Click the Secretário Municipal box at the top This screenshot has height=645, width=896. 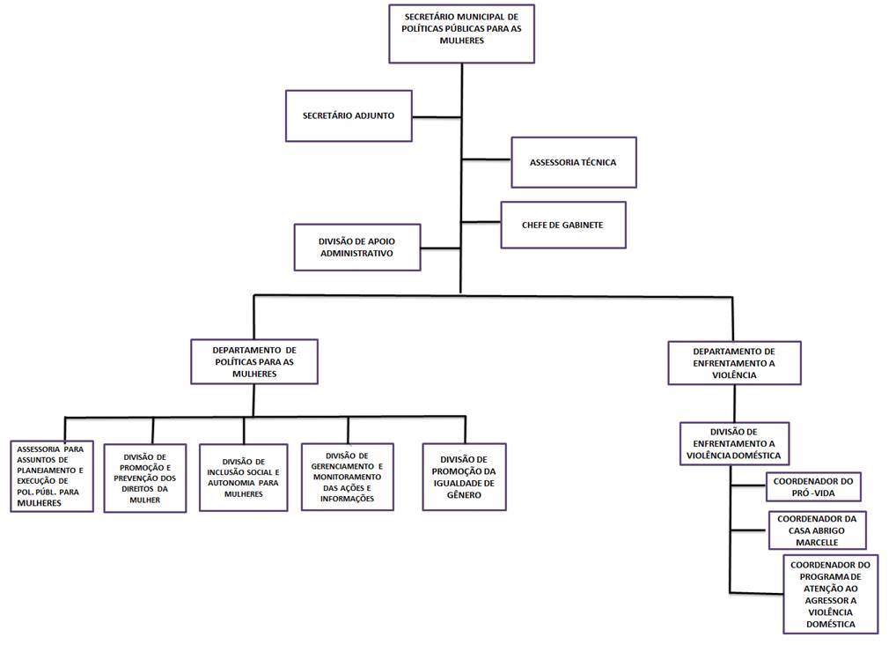tap(462, 33)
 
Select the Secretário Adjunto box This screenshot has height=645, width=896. tap(349, 115)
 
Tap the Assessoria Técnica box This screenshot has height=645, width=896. tap(573, 162)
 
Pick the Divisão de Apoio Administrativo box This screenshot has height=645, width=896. tap(356, 247)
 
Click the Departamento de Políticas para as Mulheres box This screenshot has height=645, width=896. tap(253, 361)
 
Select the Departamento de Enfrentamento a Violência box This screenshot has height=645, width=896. tap(734, 362)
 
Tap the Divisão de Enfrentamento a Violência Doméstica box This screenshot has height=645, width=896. tap(734, 444)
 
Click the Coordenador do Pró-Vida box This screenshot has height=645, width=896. tap(812, 486)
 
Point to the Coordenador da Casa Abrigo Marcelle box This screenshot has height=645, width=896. tap(817, 530)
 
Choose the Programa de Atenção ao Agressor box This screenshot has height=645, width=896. tap(830, 594)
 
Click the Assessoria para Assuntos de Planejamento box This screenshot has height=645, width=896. tap(50, 476)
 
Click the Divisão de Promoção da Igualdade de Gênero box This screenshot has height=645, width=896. tap(464, 476)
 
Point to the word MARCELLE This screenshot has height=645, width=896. tap(817, 542)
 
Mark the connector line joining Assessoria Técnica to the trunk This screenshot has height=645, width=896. tap(487, 160)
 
